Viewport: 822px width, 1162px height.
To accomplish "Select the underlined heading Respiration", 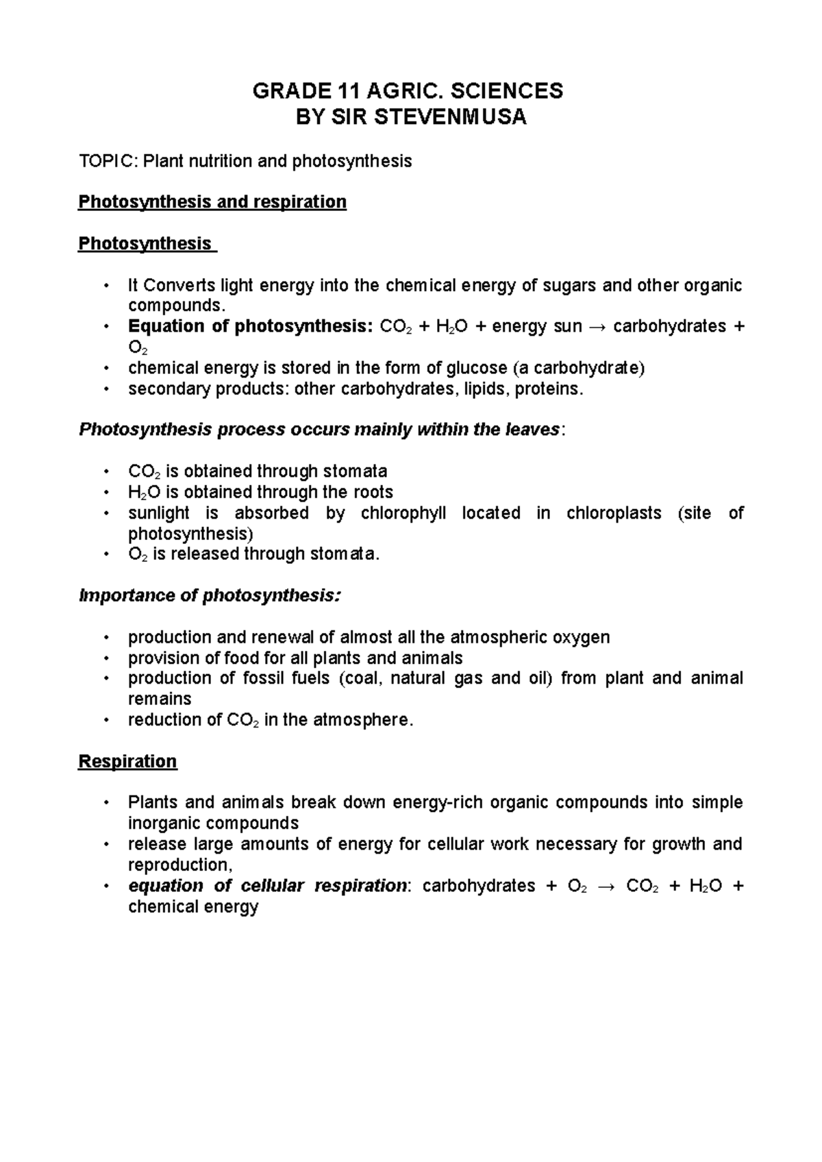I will point(127,761).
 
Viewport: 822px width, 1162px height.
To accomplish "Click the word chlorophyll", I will point(403,513).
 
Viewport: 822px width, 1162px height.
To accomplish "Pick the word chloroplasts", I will point(614,513).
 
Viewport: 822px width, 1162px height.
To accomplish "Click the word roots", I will point(373,492).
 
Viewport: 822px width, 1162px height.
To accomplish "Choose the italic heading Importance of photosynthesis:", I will point(210,595).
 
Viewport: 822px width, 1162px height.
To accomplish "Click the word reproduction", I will point(177,865).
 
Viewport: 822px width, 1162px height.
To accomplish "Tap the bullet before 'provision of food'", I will point(106,658).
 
